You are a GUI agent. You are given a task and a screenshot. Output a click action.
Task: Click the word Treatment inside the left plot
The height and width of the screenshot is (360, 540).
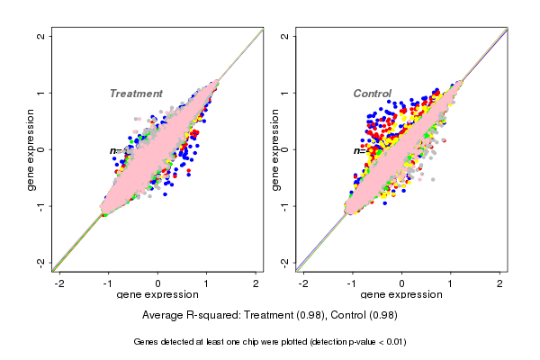[136, 94]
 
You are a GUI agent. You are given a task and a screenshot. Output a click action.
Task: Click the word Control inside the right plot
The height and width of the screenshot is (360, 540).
[372, 94]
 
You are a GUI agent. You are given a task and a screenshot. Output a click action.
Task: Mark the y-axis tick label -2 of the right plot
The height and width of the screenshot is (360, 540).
[285, 262]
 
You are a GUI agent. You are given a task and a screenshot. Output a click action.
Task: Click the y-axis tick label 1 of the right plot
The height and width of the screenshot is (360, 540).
[285, 93]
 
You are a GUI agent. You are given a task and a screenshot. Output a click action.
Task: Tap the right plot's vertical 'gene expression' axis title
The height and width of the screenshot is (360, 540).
[274, 149]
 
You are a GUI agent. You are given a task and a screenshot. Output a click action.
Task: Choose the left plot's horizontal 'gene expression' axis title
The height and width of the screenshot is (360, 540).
[157, 295]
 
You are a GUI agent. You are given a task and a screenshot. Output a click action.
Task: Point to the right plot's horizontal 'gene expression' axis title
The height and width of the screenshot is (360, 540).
[400, 295]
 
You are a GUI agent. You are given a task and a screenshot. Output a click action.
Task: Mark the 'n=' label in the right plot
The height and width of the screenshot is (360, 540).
[358, 150]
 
